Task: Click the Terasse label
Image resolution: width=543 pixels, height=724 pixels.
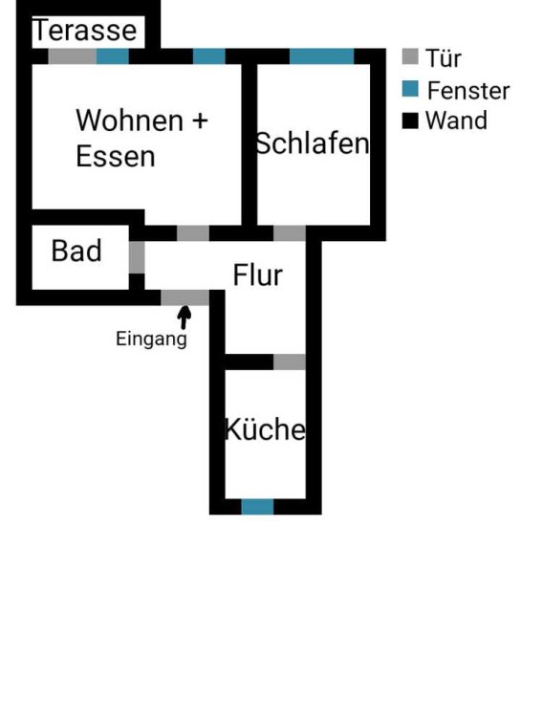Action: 85,31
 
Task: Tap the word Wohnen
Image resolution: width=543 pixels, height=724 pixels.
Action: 130,121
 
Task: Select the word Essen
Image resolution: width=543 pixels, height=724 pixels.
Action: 116,157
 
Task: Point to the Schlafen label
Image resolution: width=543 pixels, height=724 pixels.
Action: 313,143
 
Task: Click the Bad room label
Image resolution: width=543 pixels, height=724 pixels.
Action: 76,251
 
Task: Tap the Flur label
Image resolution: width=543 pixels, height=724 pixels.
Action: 257,275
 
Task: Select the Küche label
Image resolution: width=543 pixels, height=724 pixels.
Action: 265,429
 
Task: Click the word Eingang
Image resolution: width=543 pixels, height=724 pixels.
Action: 151,340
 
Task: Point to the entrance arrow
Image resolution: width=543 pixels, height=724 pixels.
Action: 185,318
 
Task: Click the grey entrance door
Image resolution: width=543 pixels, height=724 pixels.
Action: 185,297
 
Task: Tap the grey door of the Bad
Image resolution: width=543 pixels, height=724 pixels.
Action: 137,257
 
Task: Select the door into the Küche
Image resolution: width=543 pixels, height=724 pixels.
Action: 290,362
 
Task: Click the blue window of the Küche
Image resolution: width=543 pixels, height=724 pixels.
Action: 257,507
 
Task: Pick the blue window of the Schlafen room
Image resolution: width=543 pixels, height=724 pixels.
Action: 321,56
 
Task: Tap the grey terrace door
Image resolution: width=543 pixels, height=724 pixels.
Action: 73,56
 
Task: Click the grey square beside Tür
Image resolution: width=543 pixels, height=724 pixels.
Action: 410,56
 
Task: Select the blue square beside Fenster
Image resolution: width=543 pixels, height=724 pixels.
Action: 410,89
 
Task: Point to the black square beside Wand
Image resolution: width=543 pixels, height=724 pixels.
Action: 410,121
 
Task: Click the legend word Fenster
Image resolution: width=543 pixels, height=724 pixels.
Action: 468,91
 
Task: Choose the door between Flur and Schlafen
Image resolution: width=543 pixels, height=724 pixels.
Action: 290,233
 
